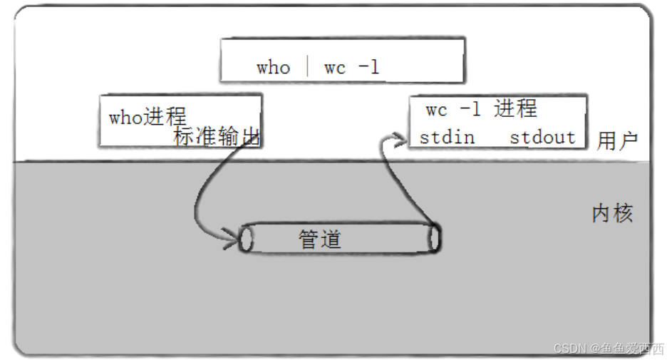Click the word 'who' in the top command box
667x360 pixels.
pos(273,68)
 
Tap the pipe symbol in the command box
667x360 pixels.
pos(307,66)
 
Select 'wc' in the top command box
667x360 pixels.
pos(334,68)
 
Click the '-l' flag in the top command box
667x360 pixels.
pos(368,67)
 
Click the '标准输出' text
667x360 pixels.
pos(217,136)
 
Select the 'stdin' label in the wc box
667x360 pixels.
pos(447,137)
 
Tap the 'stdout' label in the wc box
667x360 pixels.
pos(542,137)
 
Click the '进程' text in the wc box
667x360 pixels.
pos(515,109)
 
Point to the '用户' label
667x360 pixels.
pos(617,140)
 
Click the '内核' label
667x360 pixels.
pos(612,213)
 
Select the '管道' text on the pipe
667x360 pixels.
pos(320,239)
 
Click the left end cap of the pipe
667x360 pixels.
pos(247,239)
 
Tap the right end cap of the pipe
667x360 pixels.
pos(434,239)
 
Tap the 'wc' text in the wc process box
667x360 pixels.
pos(436,110)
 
